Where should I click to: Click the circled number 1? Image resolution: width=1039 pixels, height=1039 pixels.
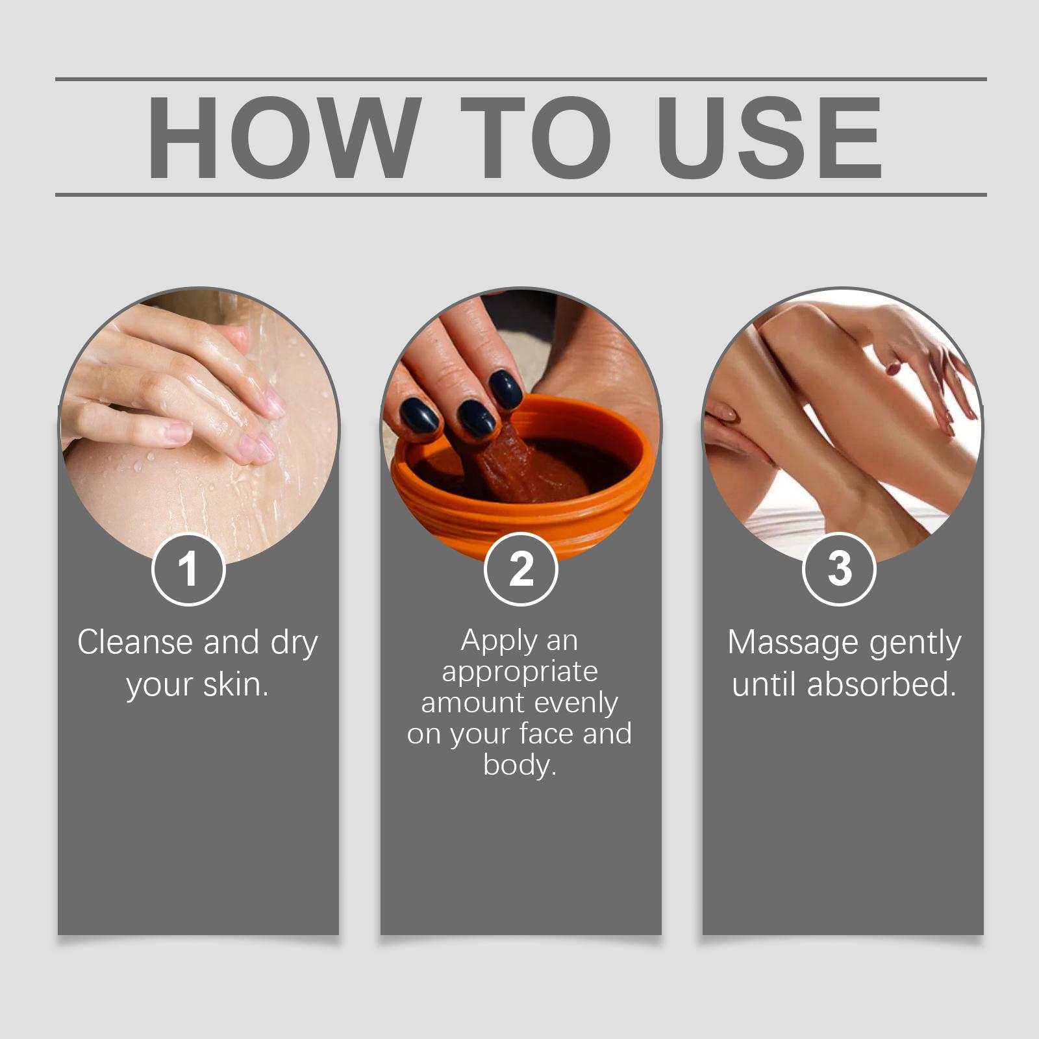[x=188, y=569]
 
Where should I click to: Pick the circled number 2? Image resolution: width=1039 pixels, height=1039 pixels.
[x=521, y=569]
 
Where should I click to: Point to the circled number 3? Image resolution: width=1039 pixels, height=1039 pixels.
[x=840, y=569]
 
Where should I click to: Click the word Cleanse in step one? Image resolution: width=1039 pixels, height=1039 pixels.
[x=135, y=642]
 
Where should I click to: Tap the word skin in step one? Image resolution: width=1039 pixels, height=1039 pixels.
[x=236, y=684]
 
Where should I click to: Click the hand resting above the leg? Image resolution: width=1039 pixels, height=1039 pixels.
[x=922, y=364]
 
